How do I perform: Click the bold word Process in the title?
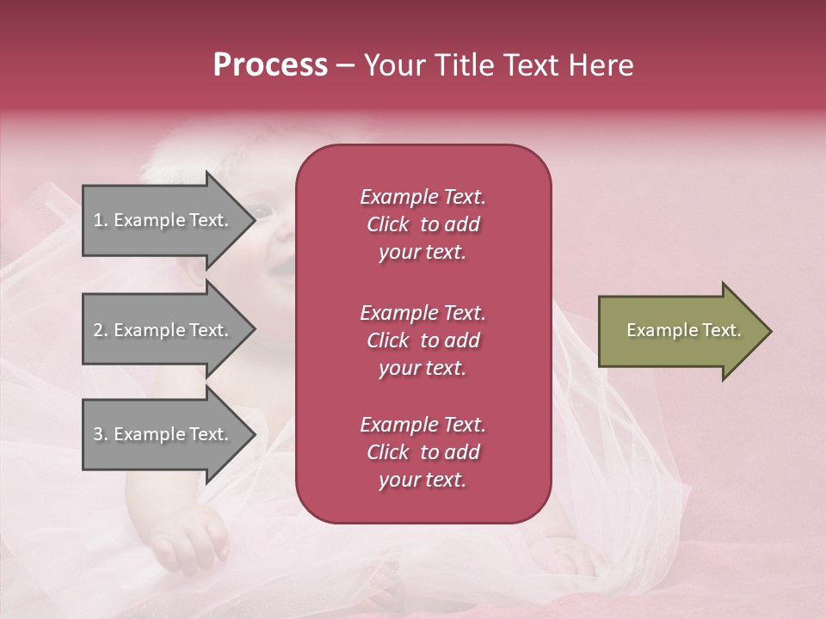[x=270, y=65]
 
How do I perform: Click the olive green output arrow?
[x=680, y=331]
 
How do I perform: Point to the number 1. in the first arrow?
[x=101, y=221]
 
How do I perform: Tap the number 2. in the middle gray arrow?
[x=101, y=330]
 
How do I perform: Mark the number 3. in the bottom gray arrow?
[x=101, y=435]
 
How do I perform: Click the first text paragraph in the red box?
[x=422, y=224]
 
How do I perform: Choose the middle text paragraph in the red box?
[x=422, y=340]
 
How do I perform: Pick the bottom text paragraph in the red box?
[x=422, y=452]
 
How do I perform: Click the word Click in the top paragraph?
[x=388, y=225]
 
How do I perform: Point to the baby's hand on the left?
[x=191, y=538]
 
